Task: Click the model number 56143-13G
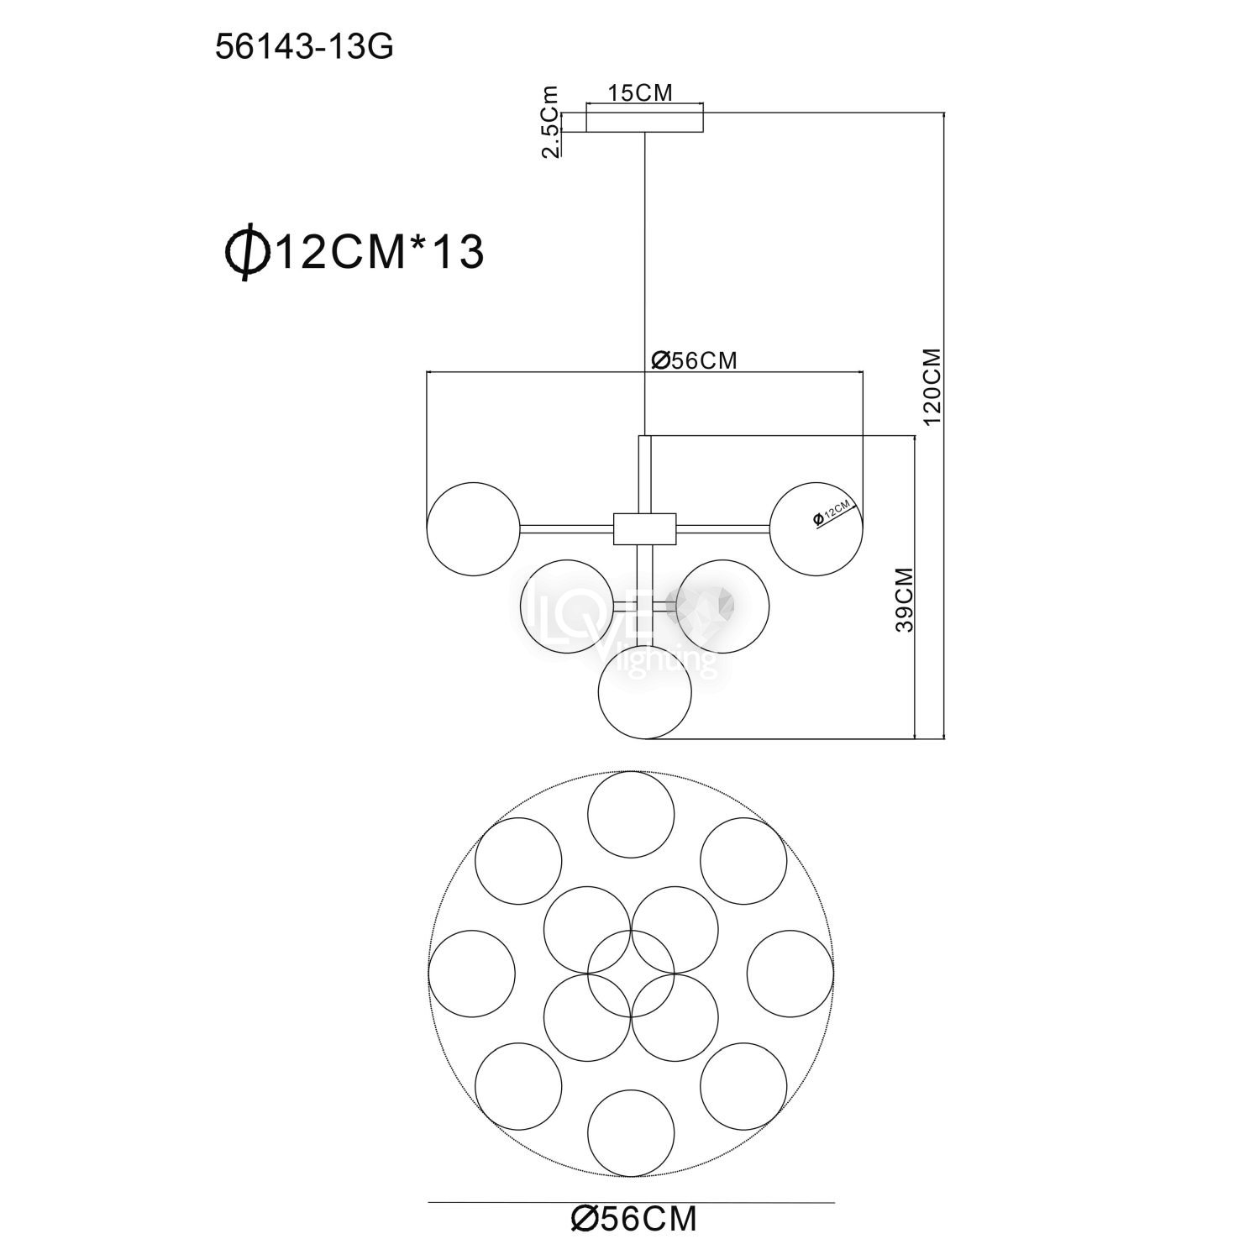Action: pos(304,48)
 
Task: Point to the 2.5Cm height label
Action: pos(550,121)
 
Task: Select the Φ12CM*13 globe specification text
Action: pos(352,251)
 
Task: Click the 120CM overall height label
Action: pos(932,388)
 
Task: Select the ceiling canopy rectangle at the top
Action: pos(644,121)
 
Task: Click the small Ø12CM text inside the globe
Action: pos(833,512)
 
